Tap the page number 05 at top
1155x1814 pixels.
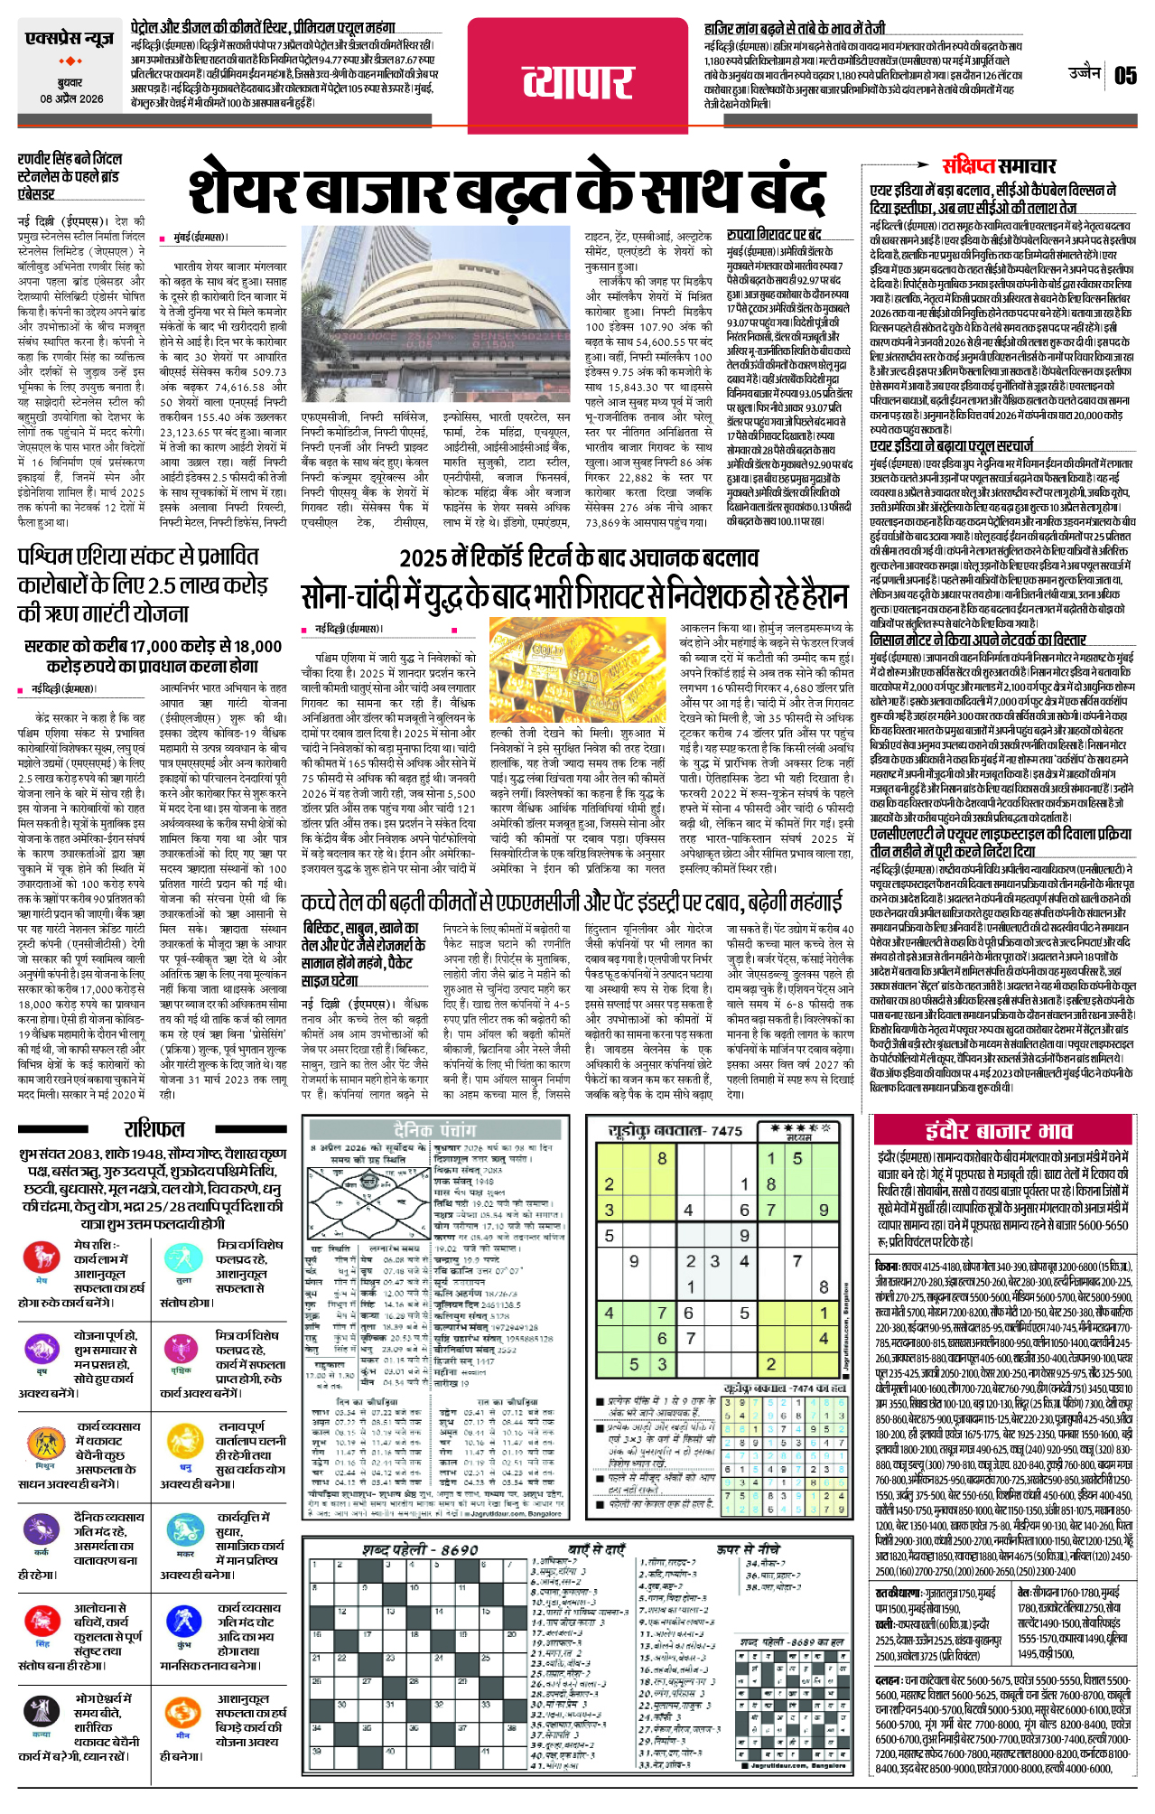1125,75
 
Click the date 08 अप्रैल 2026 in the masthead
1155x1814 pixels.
71,99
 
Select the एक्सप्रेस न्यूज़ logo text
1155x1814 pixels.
70,39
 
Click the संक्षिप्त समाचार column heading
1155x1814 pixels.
999,166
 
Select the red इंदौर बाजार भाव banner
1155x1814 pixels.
999,1131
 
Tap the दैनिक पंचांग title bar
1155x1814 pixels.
434,1130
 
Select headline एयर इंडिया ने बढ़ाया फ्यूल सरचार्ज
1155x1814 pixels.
952,445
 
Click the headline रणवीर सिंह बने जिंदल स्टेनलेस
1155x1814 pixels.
70,176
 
